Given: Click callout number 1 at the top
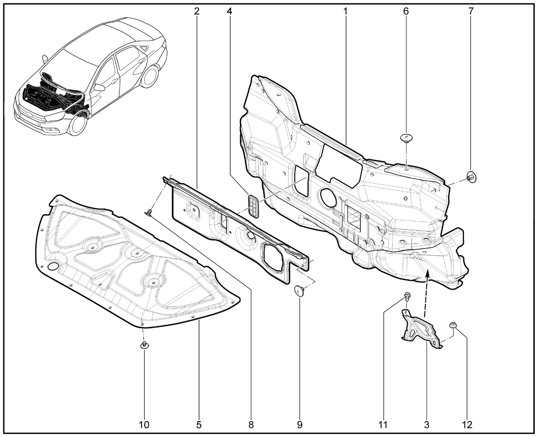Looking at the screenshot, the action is [x=345, y=11].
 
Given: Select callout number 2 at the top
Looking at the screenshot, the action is [x=197, y=11].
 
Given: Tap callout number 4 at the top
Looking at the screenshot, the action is [x=229, y=11].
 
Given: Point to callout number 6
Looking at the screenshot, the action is [x=406, y=11].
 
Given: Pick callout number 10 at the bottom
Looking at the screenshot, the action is [x=144, y=425].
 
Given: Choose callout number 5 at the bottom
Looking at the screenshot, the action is [x=199, y=425].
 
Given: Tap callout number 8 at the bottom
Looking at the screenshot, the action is [x=251, y=425].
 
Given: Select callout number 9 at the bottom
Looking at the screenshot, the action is [x=300, y=425].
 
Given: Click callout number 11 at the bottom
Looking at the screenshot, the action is [x=383, y=425].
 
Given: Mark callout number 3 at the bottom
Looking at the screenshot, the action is [x=427, y=425].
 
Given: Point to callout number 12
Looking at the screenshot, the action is [x=467, y=425].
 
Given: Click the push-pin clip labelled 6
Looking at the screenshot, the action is [x=406, y=138].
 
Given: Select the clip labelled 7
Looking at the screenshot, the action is [x=471, y=177].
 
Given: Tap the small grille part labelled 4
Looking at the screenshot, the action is [x=253, y=206].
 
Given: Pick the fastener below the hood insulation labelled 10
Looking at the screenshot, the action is [x=144, y=345].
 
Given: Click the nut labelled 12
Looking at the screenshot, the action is [x=452, y=325].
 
